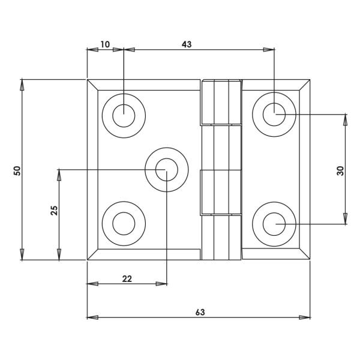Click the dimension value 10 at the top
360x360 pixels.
[x=105, y=44]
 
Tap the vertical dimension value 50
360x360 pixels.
[x=17, y=170]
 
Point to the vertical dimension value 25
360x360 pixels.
[x=54, y=211]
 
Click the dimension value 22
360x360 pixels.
[x=127, y=278]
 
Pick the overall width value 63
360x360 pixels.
[x=200, y=312]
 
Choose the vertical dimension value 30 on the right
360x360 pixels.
[x=340, y=170]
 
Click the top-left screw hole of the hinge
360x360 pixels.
[x=124, y=113]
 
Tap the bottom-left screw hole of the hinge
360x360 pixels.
[x=124, y=224]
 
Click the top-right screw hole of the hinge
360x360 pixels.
[x=274, y=113]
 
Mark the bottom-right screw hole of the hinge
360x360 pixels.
[x=274, y=224]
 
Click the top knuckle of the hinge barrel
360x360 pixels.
[x=221, y=102]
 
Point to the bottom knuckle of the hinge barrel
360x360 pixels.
[x=221, y=237]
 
